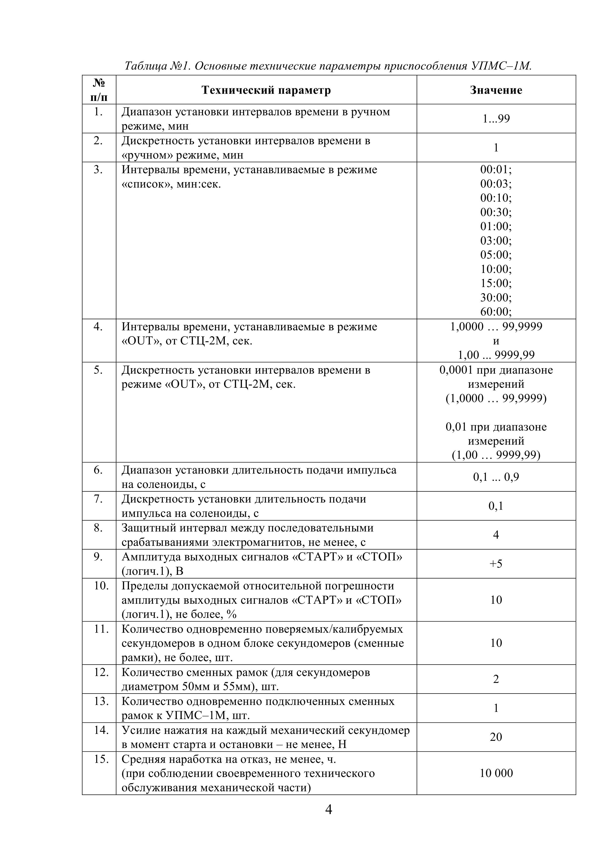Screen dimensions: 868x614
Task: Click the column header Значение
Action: click(496, 90)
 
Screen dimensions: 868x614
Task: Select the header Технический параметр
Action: click(266, 90)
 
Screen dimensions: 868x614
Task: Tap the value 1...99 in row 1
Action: click(496, 119)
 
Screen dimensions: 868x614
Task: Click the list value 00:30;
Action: click(496, 212)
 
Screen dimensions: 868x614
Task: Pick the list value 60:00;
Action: click(496, 312)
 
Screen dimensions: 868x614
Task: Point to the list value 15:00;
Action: click(496, 283)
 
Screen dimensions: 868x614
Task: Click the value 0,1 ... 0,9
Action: click(496, 477)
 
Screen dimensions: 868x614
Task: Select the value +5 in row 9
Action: click(496, 564)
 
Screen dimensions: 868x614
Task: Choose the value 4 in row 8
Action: click(496, 534)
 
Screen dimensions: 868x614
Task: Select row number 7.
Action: click(98, 499)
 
